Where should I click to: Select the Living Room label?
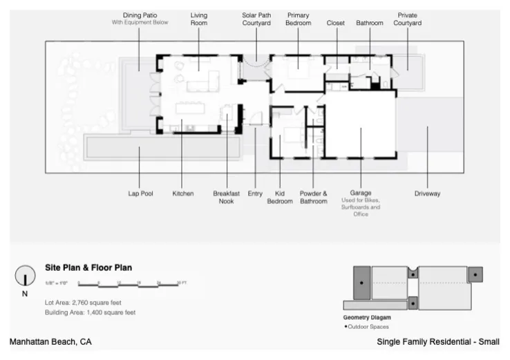tap(199, 19)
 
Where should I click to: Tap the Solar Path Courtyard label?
tap(256, 19)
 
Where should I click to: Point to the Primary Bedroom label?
tap(298, 19)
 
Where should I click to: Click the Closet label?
tap(336, 23)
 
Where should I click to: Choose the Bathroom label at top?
tap(370, 23)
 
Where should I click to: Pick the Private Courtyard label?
tap(407, 19)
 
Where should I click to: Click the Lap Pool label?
tap(140, 193)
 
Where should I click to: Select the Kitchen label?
tap(183, 193)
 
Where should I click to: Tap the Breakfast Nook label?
tap(226, 197)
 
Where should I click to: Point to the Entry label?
tap(255, 193)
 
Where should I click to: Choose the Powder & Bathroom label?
tap(313, 197)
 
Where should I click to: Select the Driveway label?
tap(427, 193)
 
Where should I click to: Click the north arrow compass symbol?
tap(26, 276)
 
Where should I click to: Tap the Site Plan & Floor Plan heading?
tap(88, 267)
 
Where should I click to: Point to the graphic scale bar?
tap(131, 283)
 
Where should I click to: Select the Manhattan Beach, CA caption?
tap(50, 342)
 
